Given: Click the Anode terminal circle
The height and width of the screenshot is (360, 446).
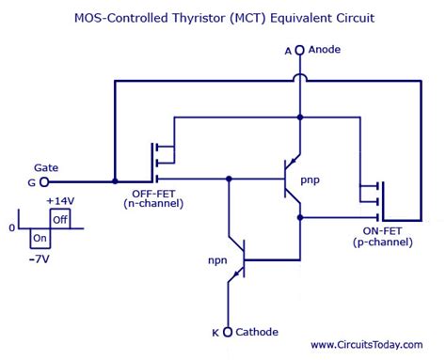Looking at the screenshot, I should (300, 50).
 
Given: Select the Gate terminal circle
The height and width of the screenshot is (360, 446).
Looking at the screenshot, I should (42, 180).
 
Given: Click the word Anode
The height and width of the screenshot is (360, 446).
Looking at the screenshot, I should (326, 49).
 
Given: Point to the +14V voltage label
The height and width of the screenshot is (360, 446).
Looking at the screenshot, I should (59, 201).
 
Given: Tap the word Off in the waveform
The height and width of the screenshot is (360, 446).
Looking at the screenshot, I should (59, 219).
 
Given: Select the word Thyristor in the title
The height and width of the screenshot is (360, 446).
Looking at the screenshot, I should (201, 18).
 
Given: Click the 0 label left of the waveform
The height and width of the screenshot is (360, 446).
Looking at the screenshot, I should (11, 227).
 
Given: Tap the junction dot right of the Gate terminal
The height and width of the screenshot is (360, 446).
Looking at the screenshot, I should (114, 180).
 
